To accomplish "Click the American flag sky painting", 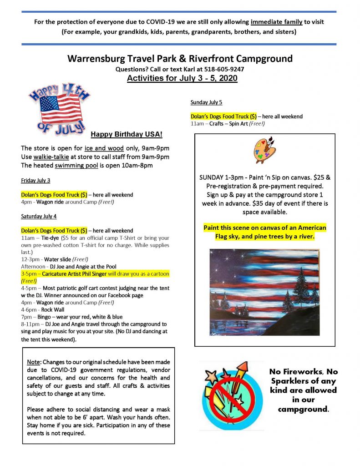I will [x=264, y=292].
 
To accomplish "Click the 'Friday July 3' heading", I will [x=35, y=181].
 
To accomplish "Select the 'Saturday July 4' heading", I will [x=39, y=216].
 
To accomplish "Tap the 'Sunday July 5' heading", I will [x=206, y=102].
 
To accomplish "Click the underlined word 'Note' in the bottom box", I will [x=34, y=362].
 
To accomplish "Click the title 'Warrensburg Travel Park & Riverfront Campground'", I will [x=180, y=59].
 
